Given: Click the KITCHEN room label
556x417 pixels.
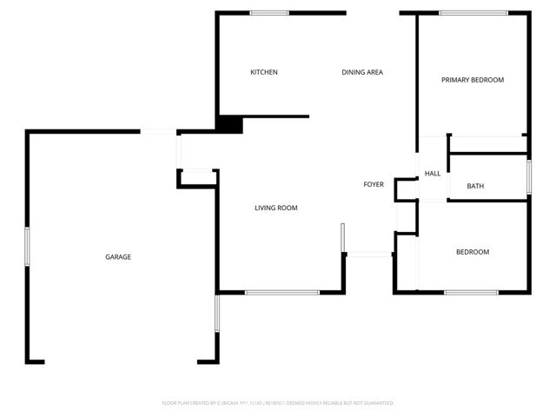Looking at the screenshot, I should tap(264, 72).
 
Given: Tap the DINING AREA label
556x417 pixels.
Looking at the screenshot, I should tap(362, 72).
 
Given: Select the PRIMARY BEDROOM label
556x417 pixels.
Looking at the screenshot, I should tap(473, 80).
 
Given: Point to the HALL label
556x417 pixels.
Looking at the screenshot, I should tap(433, 174).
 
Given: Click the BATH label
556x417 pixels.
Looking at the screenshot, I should tap(475, 186).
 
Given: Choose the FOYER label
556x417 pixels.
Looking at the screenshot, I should tap(374, 184).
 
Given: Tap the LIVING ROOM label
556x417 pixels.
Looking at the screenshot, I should tap(276, 208).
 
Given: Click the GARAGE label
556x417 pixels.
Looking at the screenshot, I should tap(118, 257).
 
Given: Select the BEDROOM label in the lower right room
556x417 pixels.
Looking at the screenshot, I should tap(473, 252).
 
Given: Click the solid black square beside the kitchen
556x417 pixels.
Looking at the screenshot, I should tap(229, 124).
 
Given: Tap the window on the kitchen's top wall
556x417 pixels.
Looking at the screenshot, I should tap(269, 13).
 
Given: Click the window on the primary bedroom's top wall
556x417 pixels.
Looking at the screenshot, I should tap(473, 13).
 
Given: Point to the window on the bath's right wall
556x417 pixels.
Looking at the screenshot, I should tap(528, 176).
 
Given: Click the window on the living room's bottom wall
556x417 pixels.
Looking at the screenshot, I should tap(281, 292).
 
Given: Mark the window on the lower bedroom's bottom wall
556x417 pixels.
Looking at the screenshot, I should tap(471, 292).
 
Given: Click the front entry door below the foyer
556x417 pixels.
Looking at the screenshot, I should tap(369, 254).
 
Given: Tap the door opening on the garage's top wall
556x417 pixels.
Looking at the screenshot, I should tap(158, 131).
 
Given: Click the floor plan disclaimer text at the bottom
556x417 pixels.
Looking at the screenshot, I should tap(278, 403).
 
